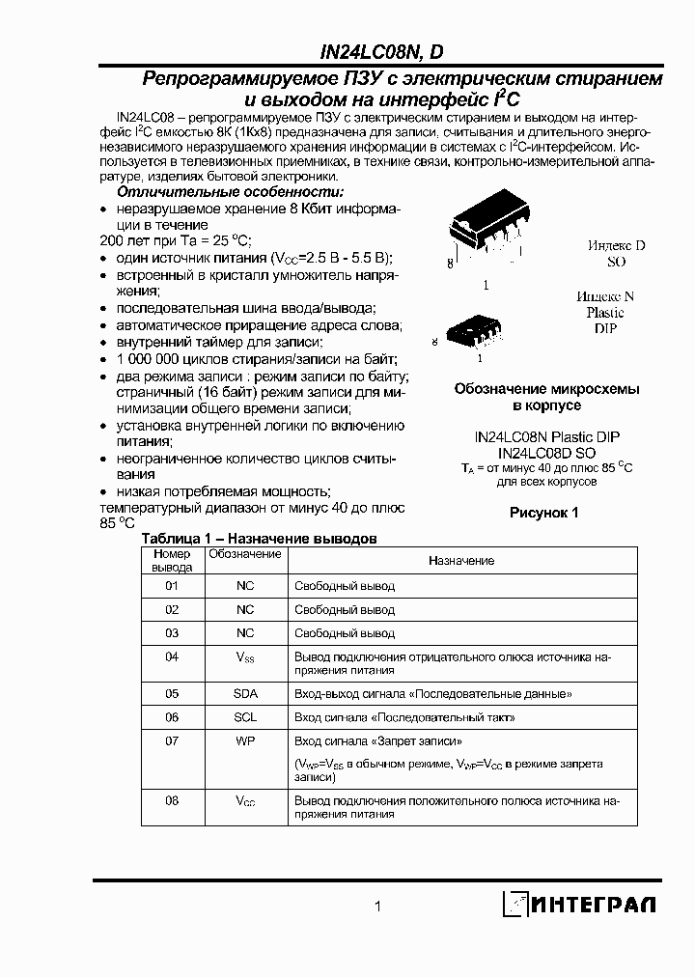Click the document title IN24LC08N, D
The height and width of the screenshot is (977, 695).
coord(381,55)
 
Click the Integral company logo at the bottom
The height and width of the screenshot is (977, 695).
coord(578,904)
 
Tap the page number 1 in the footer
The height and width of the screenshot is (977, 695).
coord(378,906)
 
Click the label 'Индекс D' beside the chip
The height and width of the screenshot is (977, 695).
coord(616,246)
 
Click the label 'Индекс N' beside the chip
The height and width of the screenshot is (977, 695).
coord(605,297)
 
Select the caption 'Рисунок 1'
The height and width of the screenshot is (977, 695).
coord(543,513)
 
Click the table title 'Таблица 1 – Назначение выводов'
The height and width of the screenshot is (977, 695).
coord(259,538)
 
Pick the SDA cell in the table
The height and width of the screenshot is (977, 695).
coord(245,693)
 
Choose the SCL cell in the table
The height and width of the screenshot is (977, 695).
coord(245,717)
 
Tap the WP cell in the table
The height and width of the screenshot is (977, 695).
coord(245,741)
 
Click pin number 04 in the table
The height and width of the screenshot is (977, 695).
coord(172,656)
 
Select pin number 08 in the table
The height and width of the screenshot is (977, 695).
coord(172,800)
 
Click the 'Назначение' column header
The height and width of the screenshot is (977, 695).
coord(461,560)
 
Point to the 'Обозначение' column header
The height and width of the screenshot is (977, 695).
coord(245,554)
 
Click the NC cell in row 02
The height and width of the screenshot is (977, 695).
coord(245,609)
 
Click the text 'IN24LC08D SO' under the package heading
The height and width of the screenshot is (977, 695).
coord(546,452)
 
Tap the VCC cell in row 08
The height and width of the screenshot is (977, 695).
coord(245,801)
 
